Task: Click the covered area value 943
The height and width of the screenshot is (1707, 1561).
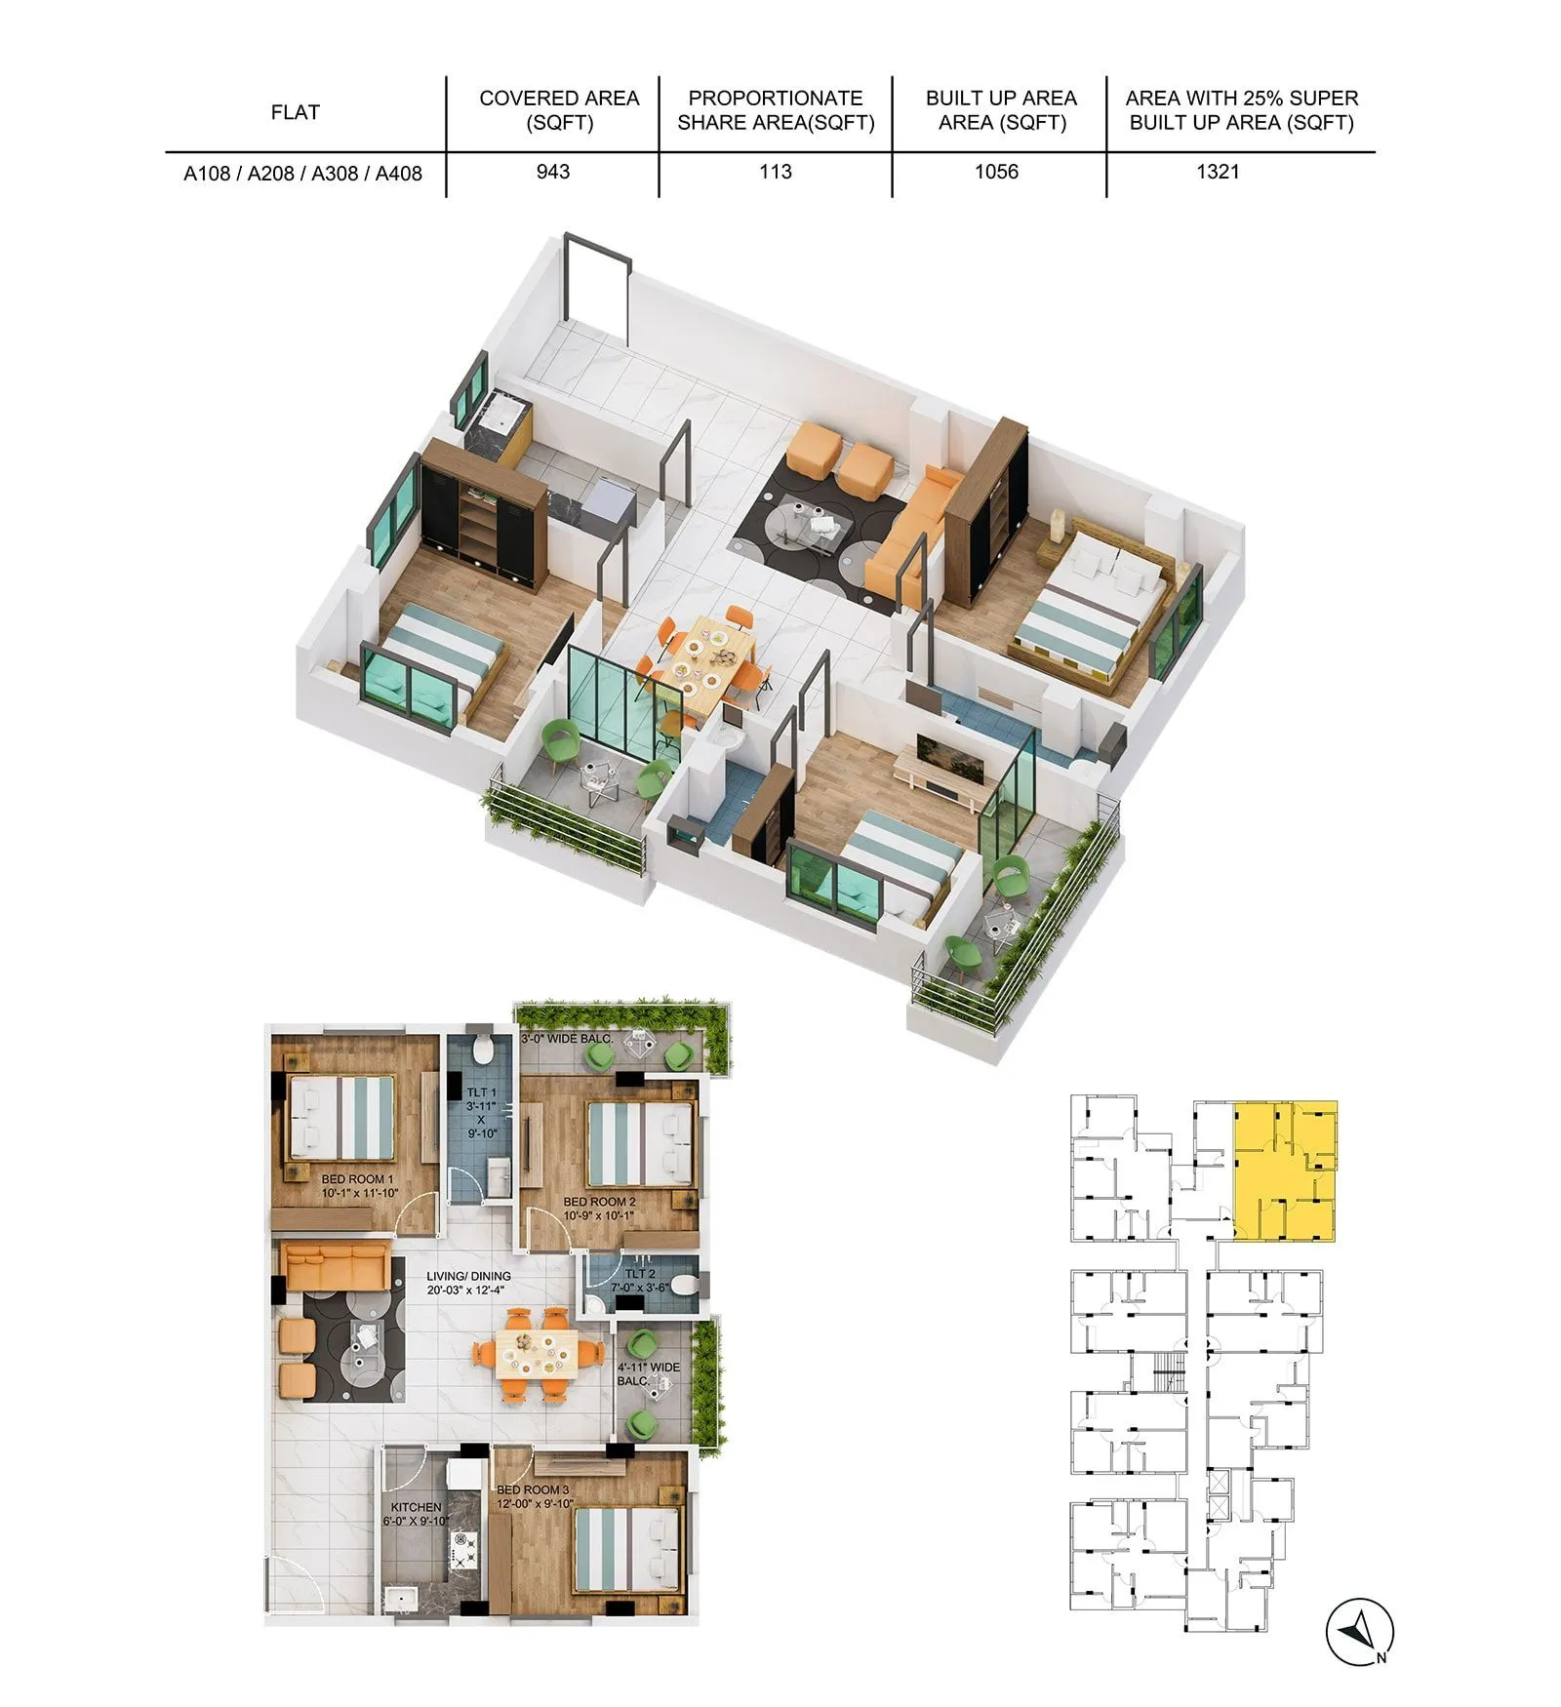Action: [552, 172]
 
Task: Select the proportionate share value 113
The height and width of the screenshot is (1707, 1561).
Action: [775, 172]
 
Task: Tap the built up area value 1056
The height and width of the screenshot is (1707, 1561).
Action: [996, 172]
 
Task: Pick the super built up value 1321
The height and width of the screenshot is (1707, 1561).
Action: [1218, 172]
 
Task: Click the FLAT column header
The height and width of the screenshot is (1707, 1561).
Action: [295, 112]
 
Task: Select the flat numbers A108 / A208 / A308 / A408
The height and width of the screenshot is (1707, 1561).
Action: [302, 174]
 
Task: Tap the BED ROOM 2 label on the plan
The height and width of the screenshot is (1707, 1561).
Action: [599, 1202]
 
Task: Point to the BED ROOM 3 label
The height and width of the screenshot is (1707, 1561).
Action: [533, 1489]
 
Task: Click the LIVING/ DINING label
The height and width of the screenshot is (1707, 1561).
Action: [468, 1276]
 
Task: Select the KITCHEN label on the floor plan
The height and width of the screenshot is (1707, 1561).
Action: [416, 1507]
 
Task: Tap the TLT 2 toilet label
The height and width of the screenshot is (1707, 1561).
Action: [639, 1274]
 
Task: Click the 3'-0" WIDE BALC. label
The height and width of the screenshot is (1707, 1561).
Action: [567, 1039]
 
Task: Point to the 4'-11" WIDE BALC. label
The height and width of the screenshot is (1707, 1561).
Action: [648, 1368]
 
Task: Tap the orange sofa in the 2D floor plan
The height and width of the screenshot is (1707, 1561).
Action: [337, 1265]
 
